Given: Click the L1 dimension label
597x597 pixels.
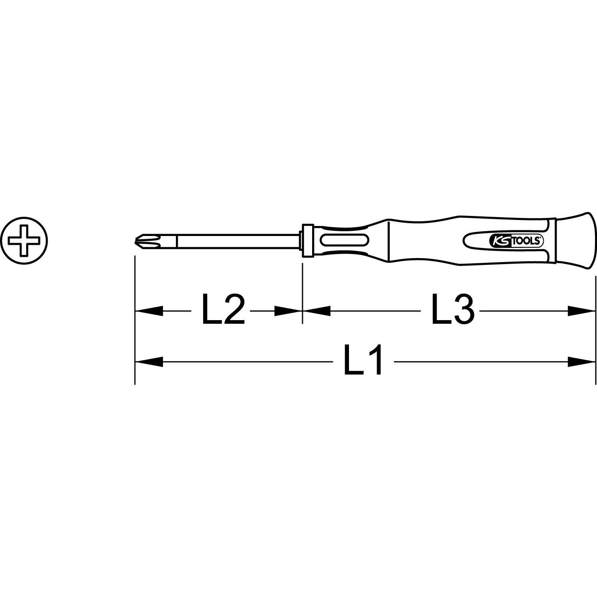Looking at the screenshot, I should pos(363,362).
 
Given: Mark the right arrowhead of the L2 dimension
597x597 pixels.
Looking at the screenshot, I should pos(288,311).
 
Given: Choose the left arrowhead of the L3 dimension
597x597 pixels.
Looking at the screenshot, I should pos(317,311).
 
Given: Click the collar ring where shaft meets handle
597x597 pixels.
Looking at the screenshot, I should pos(307,241).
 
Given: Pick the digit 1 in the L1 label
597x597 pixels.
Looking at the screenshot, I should pos(375,362).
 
